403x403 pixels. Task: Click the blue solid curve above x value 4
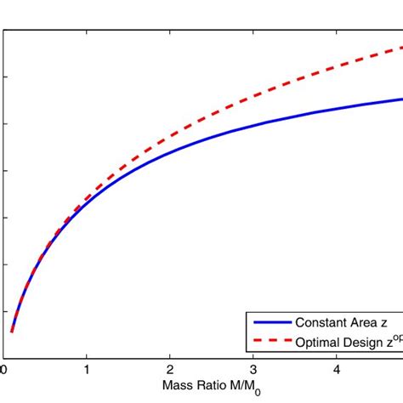point(337,110)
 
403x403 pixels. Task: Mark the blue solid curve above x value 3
point(253,127)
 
